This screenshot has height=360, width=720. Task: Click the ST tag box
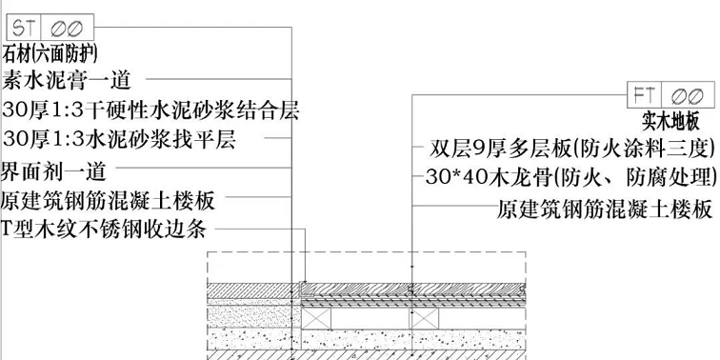23,29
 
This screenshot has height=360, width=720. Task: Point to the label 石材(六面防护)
51,53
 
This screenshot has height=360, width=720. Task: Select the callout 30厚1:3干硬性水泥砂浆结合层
150,110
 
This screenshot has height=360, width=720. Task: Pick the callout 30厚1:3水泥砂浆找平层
118,140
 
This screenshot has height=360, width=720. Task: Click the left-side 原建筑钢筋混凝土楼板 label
107,202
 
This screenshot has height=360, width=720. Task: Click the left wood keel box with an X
318,318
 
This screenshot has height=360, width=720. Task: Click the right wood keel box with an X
426,318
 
